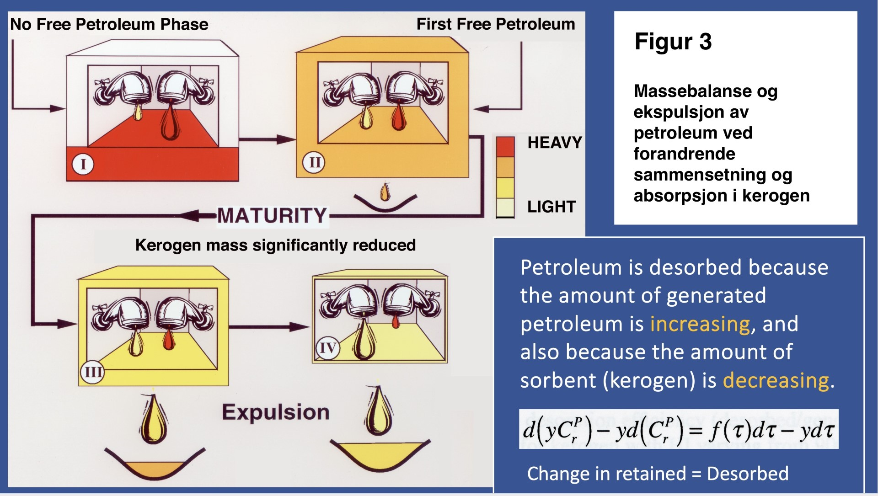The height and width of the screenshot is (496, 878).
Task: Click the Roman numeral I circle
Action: [83, 164]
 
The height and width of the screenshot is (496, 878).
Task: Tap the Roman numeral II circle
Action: [314, 162]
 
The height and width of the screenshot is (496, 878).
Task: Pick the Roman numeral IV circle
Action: [327, 348]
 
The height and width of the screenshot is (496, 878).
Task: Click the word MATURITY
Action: [272, 215]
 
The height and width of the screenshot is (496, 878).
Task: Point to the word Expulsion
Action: [276, 412]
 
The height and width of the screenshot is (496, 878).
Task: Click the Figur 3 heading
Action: [673, 42]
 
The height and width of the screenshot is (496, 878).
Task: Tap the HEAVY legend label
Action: [555, 143]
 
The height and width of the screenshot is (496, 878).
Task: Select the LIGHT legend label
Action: [551, 207]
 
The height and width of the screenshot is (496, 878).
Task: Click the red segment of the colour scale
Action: [505, 147]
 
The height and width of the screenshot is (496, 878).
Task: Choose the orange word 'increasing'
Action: [700, 324]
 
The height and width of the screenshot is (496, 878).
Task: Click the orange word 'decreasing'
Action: [776, 380]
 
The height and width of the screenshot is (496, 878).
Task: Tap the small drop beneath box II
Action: [385, 192]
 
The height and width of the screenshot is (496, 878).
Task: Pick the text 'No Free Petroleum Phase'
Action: [109, 24]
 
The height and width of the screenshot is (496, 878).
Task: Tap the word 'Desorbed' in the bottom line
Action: [748, 474]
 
